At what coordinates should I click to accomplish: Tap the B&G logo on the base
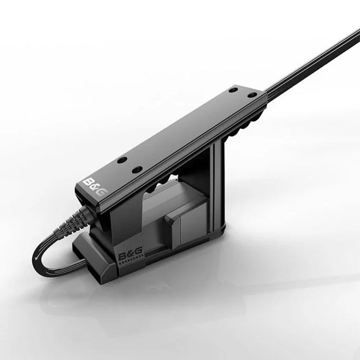[130, 256]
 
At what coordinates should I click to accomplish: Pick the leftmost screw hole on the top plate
[122, 160]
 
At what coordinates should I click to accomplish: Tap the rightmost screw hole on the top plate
[253, 95]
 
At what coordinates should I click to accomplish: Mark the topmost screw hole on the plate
[233, 89]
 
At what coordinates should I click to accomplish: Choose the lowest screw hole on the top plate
[137, 170]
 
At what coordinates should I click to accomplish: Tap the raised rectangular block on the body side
[183, 222]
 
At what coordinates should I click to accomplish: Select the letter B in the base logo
[122, 257]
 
